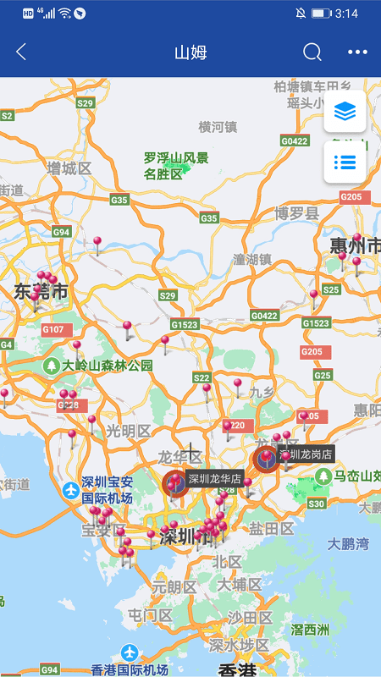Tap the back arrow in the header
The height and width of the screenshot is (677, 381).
(x=21, y=52)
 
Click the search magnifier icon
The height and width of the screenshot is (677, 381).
(x=312, y=52)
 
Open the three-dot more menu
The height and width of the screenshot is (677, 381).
(x=358, y=52)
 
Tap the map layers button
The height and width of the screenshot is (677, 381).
(x=345, y=111)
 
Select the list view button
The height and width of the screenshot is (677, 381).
(x=345, y=162)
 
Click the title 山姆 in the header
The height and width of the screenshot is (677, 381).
(x=190, y=52)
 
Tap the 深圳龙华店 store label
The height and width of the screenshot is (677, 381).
(x=215, y=479)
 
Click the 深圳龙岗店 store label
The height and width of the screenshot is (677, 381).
(x=306, y=454)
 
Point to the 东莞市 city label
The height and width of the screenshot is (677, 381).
(x=41, y=293)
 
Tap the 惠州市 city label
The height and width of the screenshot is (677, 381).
(x=356, y=246)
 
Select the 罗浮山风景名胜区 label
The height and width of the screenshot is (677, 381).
(x=175, y=166)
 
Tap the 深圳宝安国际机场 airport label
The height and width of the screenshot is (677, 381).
(x=107, y=489)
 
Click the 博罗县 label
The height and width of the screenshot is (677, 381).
(x=296, y=213)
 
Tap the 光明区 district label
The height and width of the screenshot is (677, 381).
(x=128, y=431)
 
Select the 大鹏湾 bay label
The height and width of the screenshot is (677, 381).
(x=349, y=543)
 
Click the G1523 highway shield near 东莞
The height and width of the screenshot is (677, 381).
(x=184, y=324)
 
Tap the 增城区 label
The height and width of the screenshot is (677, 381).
(x=69, y=168)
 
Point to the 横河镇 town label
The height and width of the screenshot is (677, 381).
(x=218, y=127)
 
